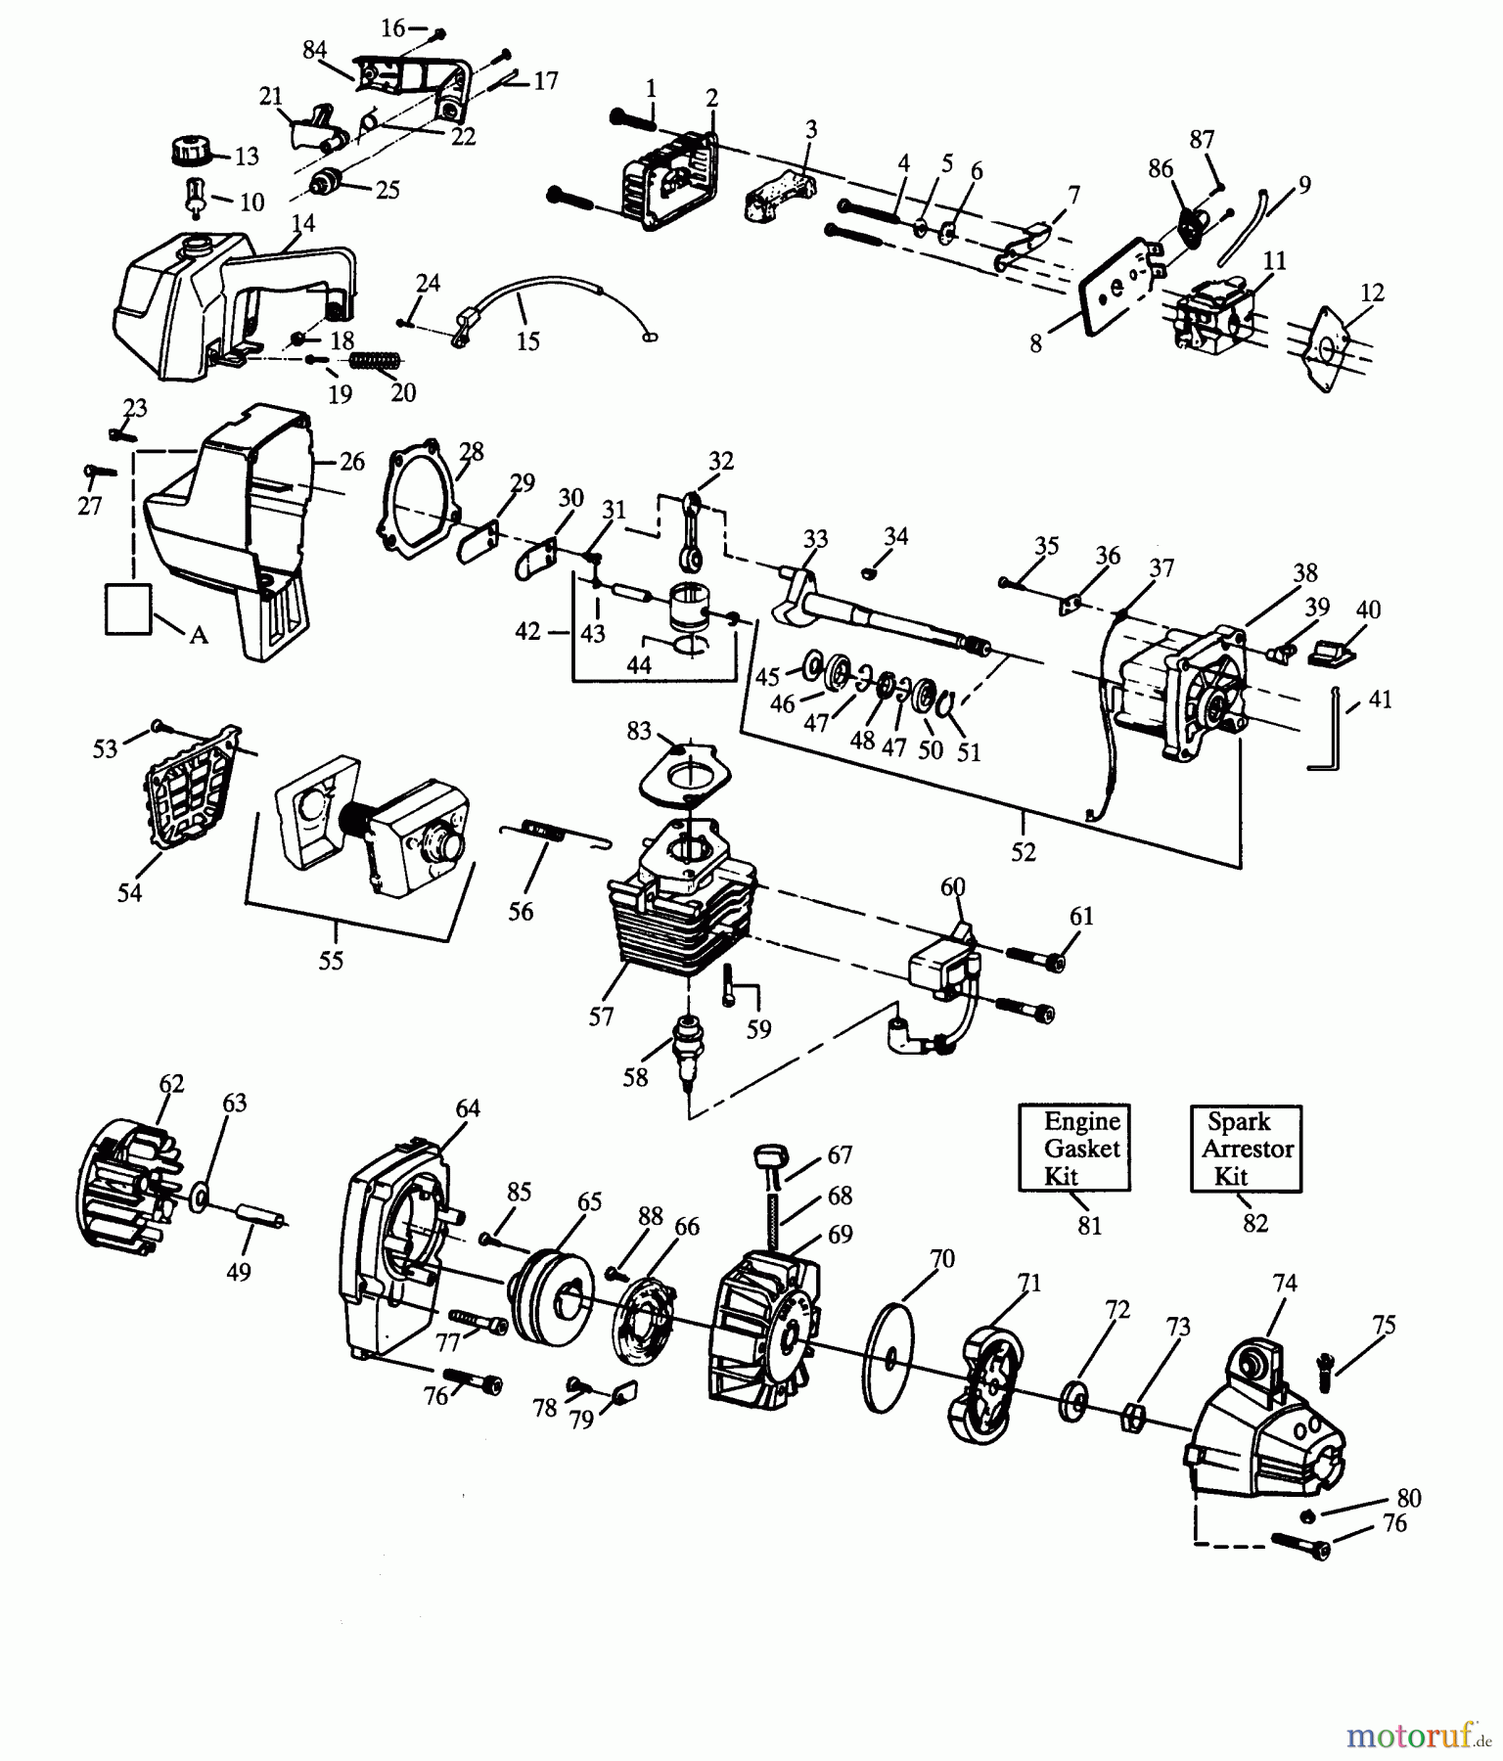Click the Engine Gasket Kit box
tap(1073, 1148)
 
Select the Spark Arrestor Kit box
tap(1245, 1148)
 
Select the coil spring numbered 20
tap(373, 361)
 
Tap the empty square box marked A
tap(128, 609)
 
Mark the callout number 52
tap(1023, 852)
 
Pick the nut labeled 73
tap(1132, 1414)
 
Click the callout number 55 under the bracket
tap(331, 961)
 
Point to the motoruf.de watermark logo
tap(1415, 1735)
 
